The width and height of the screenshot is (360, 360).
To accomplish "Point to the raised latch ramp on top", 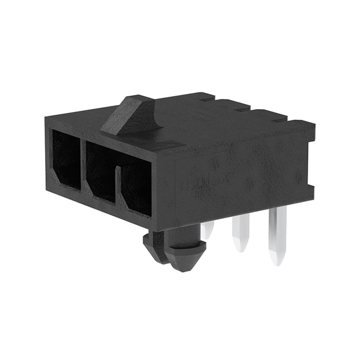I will click(x=128, y=115).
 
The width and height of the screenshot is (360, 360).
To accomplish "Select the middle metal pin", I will click(x=240, y=231).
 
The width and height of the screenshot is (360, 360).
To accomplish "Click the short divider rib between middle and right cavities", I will click(x=118, y=186).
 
